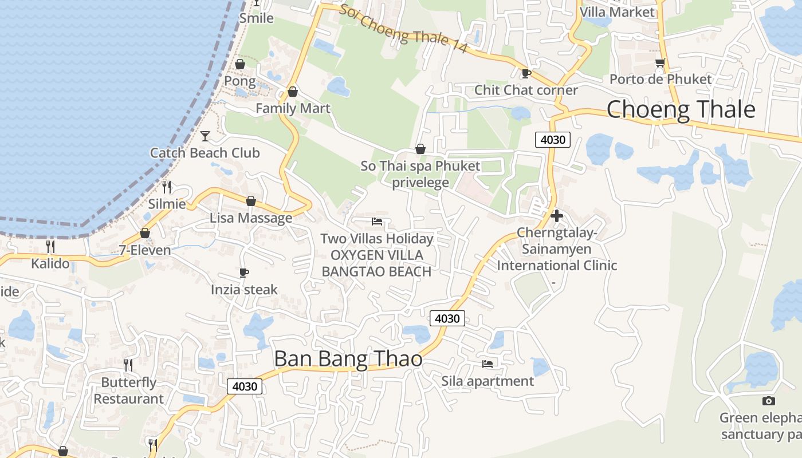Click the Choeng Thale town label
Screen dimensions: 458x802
tap(681, 109)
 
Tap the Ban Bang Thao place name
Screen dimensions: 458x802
tap(348, 359)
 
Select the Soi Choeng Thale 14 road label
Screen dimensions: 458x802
tap(403, 30)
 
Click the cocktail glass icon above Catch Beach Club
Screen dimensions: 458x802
tap(205, 136)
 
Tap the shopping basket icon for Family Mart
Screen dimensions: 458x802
tap(293, 92)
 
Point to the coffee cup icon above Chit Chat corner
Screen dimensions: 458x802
tap(526, 73)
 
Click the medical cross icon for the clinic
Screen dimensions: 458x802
tap(556, 216)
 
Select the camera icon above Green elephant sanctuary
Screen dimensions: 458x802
tap(769, 401)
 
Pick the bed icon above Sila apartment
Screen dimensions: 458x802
tap(488, 364)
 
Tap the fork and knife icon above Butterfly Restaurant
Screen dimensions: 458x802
tap(128, 365)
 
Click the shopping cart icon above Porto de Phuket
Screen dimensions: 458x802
tap(661, 62)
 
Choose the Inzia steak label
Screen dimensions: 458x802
tap(244, 290)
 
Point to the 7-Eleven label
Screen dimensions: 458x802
tap(145, 250)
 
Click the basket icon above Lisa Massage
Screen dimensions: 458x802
tap(250, 201)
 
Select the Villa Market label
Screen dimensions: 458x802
tap(617, 12)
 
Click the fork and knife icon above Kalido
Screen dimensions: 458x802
tap(50, 246)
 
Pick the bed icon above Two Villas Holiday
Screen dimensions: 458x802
tap(376, 221)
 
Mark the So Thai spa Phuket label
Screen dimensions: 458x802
tap(420, 166)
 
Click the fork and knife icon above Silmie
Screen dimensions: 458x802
tap(167, 187)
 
